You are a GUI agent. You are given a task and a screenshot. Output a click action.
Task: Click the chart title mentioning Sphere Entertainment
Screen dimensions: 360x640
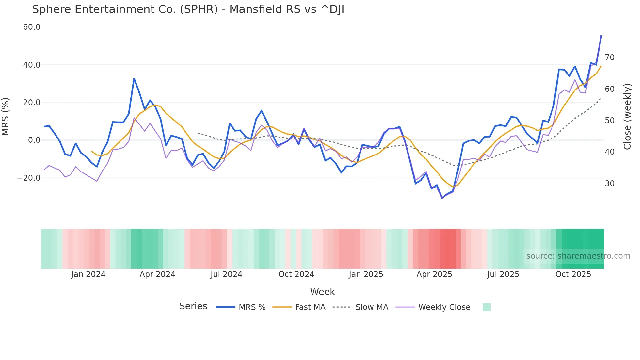[x=188, y=9]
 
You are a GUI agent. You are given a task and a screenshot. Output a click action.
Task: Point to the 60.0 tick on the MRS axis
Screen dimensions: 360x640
[x=32, y=27]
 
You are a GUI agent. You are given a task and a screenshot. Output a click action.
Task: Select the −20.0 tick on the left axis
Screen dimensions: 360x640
[x=29, y=178]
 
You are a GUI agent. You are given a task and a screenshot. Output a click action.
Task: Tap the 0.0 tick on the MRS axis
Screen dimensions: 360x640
[x=34, y=140]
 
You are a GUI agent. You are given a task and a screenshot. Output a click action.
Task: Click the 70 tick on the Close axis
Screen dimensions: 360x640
[x=609, y=57]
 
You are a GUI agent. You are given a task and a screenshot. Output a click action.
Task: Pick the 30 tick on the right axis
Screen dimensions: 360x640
[x=609, y=184]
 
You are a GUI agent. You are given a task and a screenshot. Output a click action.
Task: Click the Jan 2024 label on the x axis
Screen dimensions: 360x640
[x=88, y=274]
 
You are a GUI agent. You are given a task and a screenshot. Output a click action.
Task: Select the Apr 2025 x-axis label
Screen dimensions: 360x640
[x=434, y=274]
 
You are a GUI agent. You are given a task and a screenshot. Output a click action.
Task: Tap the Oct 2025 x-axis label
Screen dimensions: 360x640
[x=573, y=274]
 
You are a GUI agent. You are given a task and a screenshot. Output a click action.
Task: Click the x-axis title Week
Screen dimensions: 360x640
[x=322, y=292]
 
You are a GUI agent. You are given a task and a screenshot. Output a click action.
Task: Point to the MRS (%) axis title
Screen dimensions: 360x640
[x=6, y=117]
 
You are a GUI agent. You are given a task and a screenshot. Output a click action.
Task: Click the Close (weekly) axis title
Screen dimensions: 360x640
[x=627, y=117]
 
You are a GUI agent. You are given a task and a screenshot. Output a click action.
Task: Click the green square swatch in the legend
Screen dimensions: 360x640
[x=487, y=307]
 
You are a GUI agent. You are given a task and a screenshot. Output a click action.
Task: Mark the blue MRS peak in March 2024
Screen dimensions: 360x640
[x=134, y=79]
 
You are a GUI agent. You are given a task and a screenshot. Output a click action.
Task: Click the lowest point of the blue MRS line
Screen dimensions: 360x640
[x=442, y=198]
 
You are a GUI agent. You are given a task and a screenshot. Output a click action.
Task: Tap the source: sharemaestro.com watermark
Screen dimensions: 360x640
[x=578, y=256]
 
